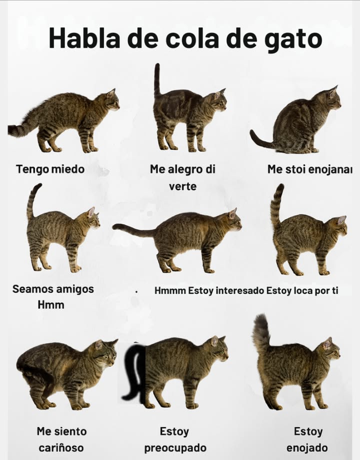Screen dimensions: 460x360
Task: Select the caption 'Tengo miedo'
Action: (50, 169)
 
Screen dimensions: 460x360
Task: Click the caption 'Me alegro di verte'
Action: (182, 177)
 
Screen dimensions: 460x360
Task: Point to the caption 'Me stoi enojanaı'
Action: (309, 169)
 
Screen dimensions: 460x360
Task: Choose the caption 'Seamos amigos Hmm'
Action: (52, 296)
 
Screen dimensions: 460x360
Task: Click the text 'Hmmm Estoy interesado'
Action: (209, 290)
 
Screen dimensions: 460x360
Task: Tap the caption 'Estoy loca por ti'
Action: (302, 290)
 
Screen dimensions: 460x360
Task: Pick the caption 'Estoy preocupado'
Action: (175, 439)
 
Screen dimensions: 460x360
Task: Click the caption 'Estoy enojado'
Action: (307, 439)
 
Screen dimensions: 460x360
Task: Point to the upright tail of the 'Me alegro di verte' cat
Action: (157, 80)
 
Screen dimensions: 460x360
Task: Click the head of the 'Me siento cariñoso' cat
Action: (105, 352)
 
